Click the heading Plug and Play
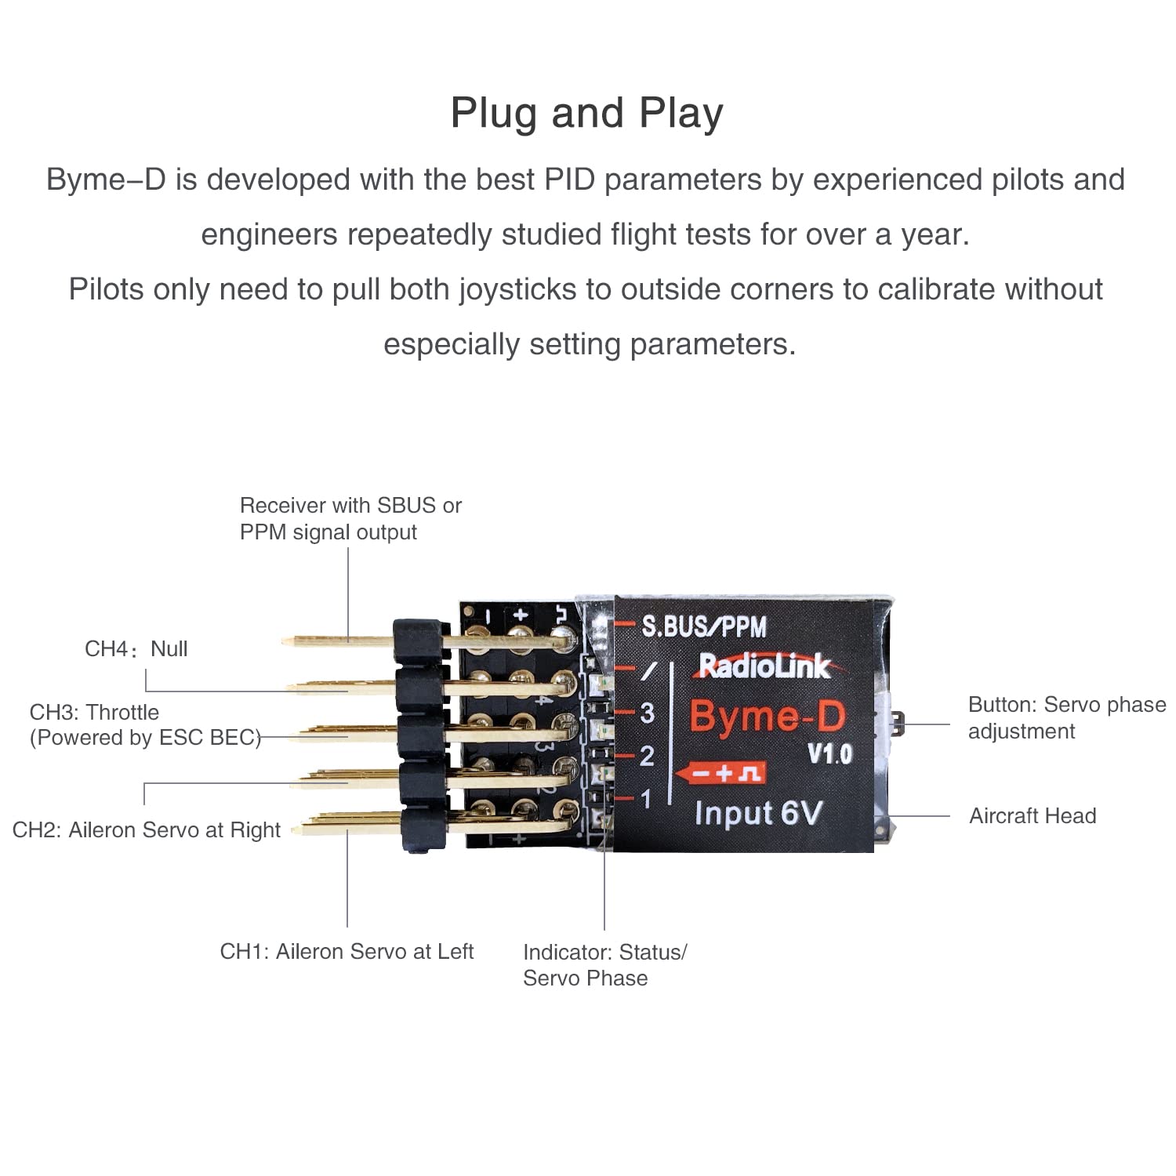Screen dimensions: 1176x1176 [586, 113]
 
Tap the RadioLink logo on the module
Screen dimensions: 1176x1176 [764, 666]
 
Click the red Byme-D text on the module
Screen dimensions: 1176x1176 [768, 716]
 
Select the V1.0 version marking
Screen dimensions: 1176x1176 [829, 754]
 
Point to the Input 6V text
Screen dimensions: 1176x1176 [757, 814]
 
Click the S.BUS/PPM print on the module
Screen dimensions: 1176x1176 [703, 626]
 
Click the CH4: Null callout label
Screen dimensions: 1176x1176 [136, 649]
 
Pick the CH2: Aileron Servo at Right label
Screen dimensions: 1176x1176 [147, 829]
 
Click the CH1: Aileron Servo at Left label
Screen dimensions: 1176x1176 [347, 951]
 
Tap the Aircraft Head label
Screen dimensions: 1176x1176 [1033, 816]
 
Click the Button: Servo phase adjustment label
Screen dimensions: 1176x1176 [1066, 717]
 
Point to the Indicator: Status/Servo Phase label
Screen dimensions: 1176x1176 [604, 965]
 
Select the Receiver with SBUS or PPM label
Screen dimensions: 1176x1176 [350, 518]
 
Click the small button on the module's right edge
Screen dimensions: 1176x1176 [899, 723]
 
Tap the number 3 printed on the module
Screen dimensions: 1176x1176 [647, 713]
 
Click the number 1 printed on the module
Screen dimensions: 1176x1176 [646, 799]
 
